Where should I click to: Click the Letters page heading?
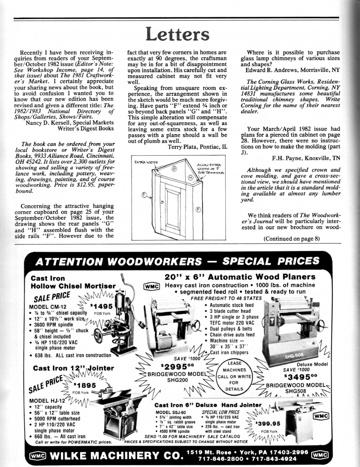click(x=180, y=38)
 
